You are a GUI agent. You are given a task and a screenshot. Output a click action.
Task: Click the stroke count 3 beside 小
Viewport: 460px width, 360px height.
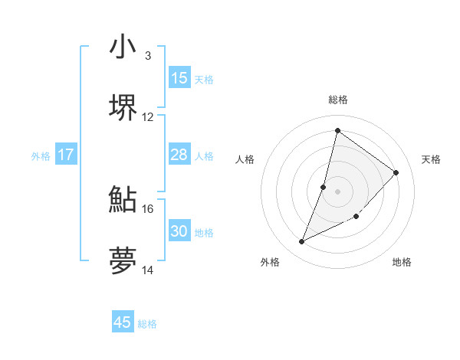pos(147,56)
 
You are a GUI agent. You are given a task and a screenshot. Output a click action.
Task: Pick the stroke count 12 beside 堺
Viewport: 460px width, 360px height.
pos(148,117)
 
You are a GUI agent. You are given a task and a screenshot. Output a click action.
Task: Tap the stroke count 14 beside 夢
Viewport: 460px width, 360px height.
pos(148,270)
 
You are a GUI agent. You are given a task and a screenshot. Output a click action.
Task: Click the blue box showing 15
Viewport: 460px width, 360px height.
pos(179,78)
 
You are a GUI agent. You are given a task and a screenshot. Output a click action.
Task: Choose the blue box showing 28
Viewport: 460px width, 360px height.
pos(179,155)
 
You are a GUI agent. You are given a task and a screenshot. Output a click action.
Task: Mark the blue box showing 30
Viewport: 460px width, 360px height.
pos(179,231)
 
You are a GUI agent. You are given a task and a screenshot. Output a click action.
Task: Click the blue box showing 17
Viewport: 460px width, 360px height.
pos(66,155)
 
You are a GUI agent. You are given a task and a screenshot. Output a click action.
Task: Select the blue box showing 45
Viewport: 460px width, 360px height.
pos(123,322)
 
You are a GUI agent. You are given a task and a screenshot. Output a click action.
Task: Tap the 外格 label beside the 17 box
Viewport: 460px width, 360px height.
pos(41,156)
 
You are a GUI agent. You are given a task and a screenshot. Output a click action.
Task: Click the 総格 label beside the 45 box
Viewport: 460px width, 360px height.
pos(147,324)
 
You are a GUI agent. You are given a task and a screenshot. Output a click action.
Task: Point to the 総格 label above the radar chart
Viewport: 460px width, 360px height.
pos(337,100)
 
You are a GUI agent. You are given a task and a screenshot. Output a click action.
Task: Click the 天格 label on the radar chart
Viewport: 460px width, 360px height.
pos(432,159)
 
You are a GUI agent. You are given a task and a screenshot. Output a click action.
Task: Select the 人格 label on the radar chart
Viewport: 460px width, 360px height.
pos(245,159)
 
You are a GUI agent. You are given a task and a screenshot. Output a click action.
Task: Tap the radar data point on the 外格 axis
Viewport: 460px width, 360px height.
pos(302,242)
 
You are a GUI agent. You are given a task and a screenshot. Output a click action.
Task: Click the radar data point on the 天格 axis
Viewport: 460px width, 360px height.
pos(396,172)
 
